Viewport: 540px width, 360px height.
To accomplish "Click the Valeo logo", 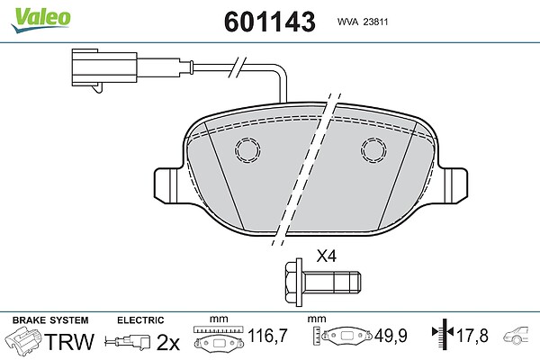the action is click(x=40, y=19).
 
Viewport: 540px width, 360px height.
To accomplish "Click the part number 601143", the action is click(x=270, y=22).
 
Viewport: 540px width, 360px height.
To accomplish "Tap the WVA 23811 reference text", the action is click(x=363, y=22).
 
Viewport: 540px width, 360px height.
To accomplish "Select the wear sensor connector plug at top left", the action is click(x=104, y=70).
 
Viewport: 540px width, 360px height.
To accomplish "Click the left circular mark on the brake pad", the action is click(x=247, y=150).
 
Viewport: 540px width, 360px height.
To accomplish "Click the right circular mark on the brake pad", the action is click(x=373, y=150).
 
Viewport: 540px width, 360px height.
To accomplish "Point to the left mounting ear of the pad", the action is click(x=167, y=185).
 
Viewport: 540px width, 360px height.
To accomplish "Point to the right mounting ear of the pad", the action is click(x=454, y=185).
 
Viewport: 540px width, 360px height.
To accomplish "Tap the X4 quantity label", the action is click(x=326, y=256).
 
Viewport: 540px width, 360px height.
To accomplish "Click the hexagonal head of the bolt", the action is click(x=293, y=283).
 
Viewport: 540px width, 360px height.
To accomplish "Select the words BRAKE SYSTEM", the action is click(x=50, y=320).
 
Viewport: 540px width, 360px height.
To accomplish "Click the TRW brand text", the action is click(x=69, y=342).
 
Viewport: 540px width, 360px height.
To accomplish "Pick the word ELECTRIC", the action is click(x=140, y=320).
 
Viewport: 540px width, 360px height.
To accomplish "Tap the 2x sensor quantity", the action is click(x=168, y=342).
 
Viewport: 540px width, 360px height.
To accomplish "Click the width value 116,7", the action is click(x=267, y=336).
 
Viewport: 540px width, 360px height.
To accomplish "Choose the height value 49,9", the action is click(x=391, y=336).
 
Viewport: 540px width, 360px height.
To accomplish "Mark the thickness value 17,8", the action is click(x=472, y=336).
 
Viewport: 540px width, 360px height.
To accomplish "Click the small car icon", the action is click(x=516, y=334).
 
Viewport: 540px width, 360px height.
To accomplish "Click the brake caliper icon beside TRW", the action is click(x=23, y=339).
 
